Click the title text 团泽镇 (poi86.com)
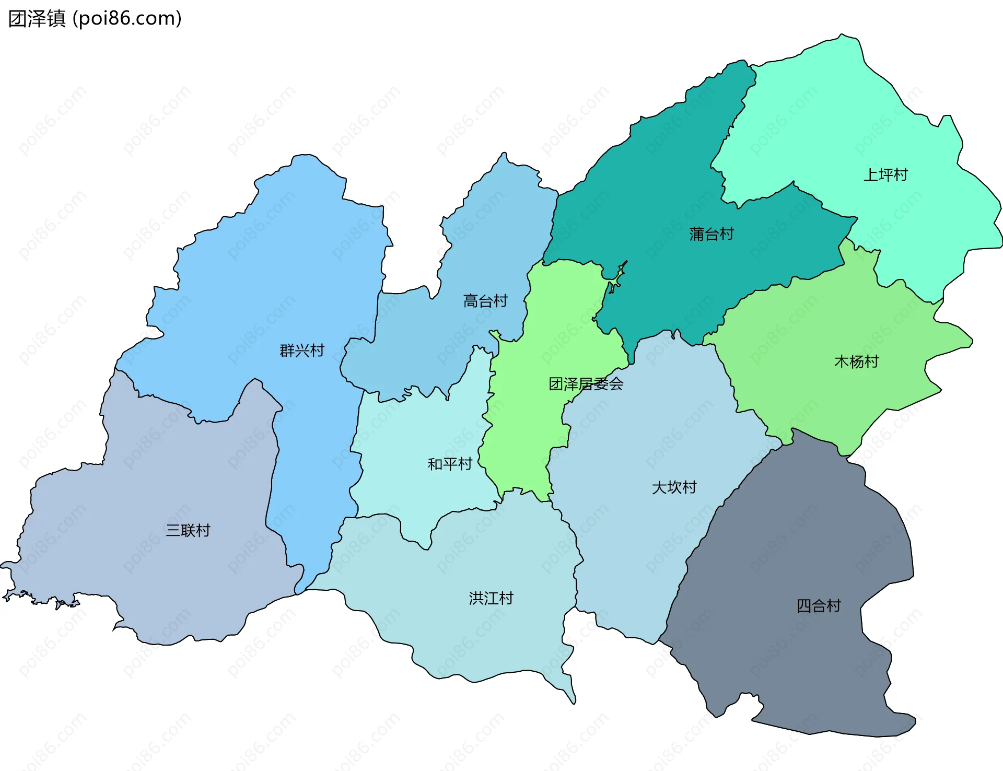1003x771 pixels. pyautogui.click(x=95, y=18)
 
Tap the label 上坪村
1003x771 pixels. pyautogui.click(x=885, y=174)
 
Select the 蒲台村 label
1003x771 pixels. pyautogui.click(x=711, y=233)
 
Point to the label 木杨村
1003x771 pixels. pyautogui.click(x=856, y=361)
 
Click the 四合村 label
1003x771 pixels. pyautogui.click(x=818, y=606)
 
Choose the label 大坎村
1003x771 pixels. pyautogui.click(x=674, y=487)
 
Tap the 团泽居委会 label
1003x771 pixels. pyautogui.click(x=586, y=384)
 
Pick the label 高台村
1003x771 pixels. pyautogui.click(x=485, y=301)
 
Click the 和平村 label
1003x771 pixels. pyautogui.click(x=449, y=464)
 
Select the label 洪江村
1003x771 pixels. pyautogui.click(x=491, y=598)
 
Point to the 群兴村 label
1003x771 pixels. pyautogui.click(x=302, y=351)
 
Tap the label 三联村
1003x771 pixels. pyautogui.click(x=188, y=530)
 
